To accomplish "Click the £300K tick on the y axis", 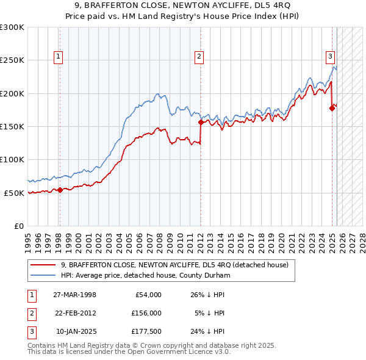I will point(12,27).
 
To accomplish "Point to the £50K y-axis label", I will point(14,193).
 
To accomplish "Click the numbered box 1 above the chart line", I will point(59,57).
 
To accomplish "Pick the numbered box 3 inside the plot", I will point(330,57).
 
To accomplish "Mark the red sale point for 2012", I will point(201,123).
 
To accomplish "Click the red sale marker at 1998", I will point(60,190).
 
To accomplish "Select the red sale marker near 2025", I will point(332,109).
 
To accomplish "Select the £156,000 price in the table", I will point(147,313).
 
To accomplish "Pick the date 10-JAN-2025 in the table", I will point(76,331).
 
